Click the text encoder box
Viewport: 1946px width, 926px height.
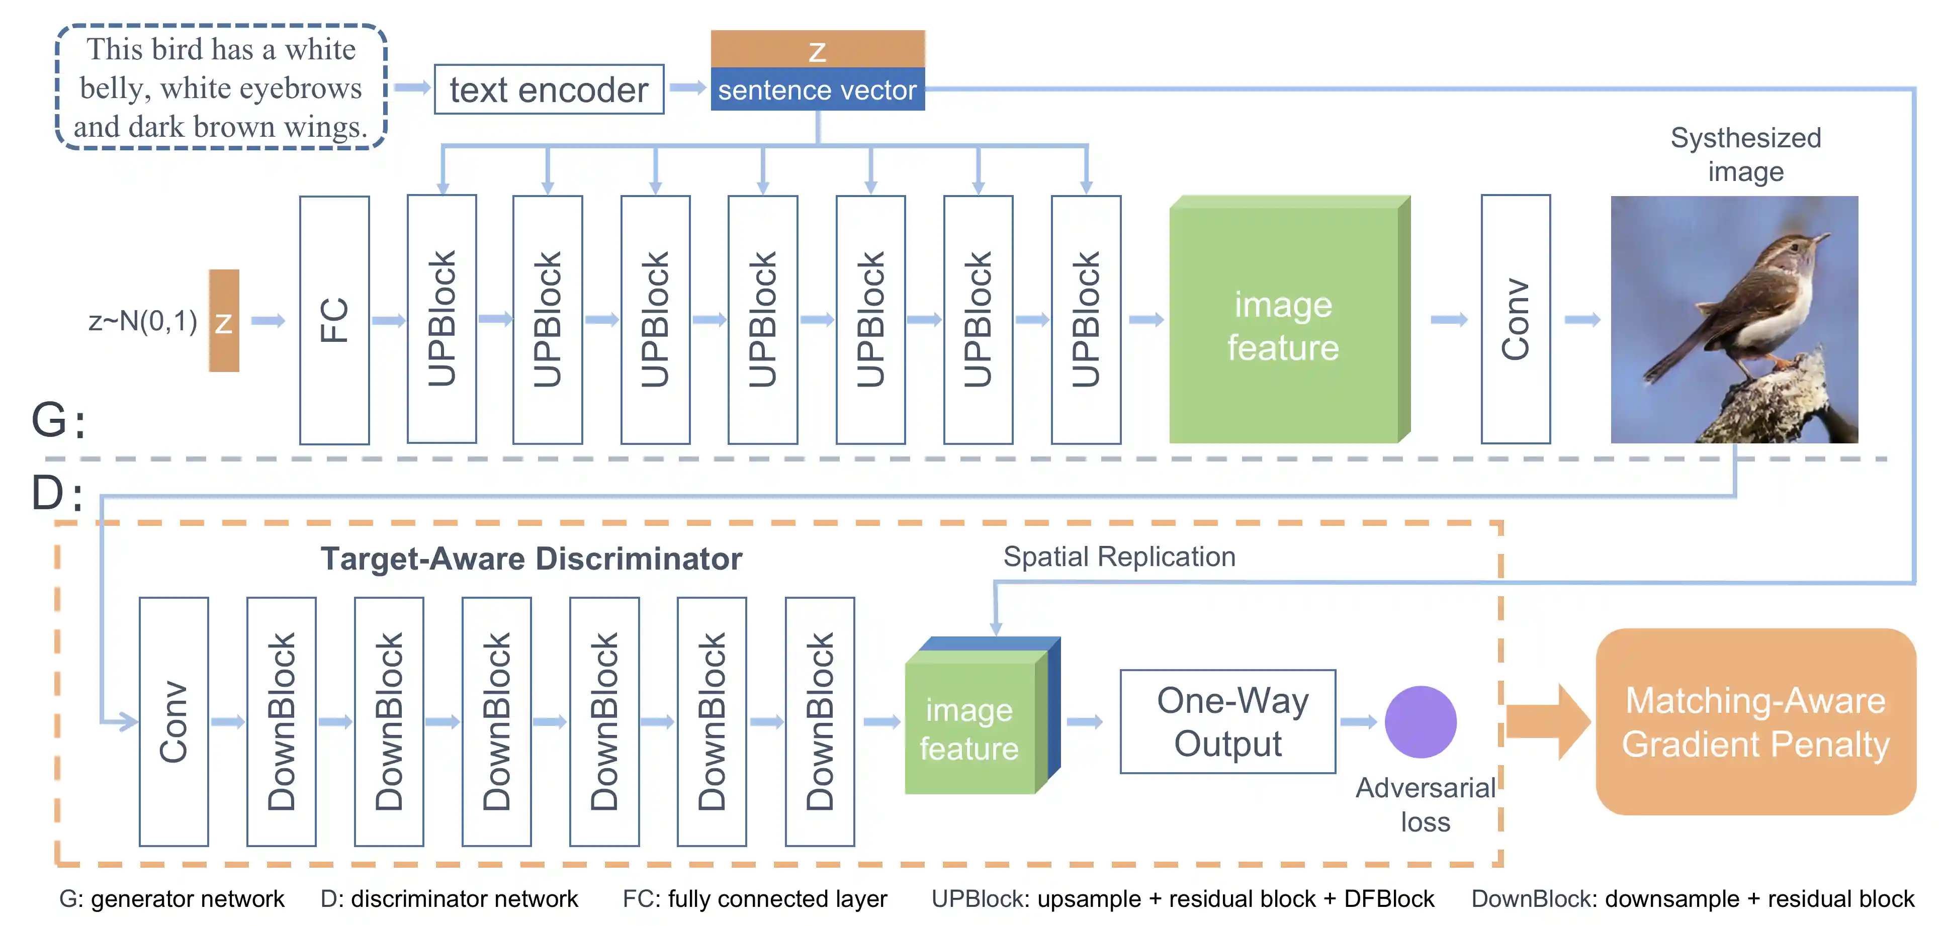point(549,89)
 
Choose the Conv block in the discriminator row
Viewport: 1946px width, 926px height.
point(174,721)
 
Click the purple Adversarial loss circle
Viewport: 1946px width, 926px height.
point(1420,721)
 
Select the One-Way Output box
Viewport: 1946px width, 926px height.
point(1227,721)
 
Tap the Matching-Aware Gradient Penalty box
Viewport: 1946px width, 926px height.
point(1755,721)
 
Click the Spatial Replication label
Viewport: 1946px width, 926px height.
point(1119,557)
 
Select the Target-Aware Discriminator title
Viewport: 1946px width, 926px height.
point(531,559)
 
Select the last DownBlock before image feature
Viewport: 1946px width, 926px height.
point(820,721)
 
